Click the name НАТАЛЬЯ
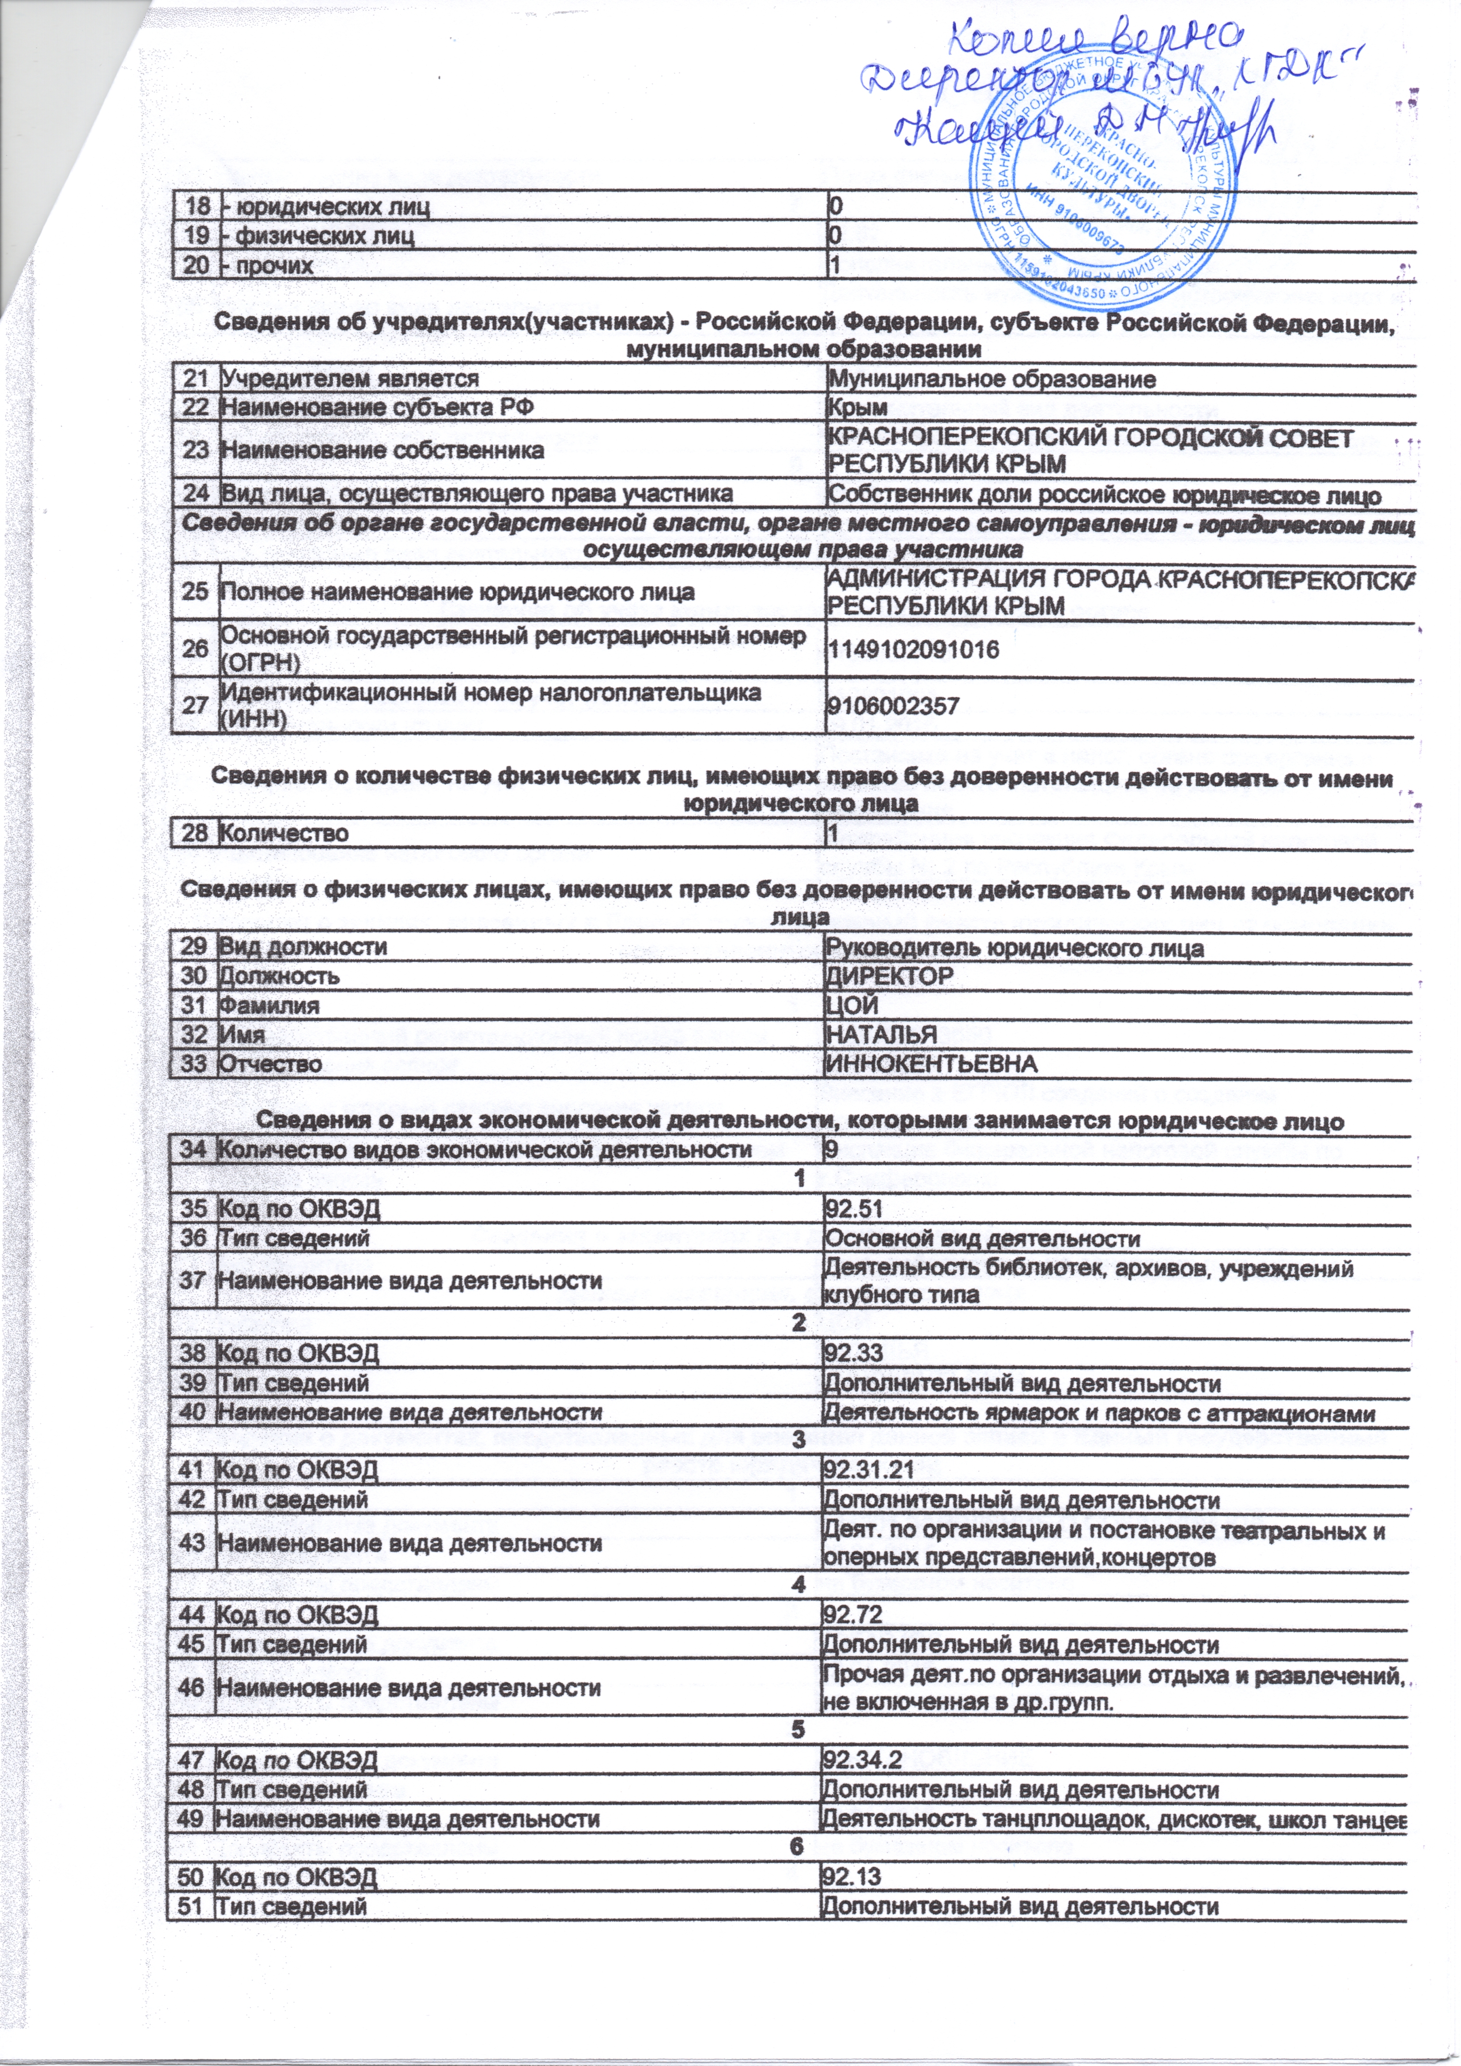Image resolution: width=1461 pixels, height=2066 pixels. pos(881,1035)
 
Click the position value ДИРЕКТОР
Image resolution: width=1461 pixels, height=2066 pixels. pos(889,976)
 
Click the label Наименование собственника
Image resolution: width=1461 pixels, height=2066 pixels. pos(382,450)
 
